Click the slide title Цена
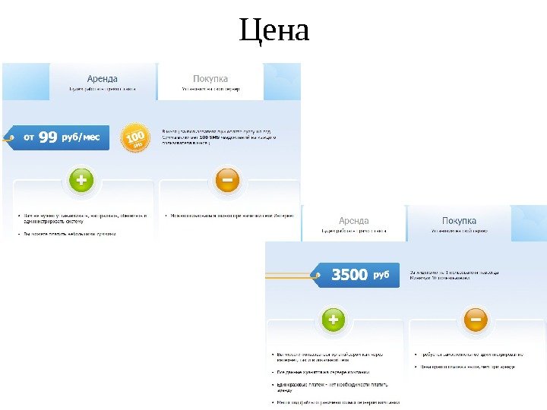pyautogui.click(x=274, y=32)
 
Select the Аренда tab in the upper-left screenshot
pyautogui.click(x=103, y=78)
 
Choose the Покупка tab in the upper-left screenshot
pyautogui.click(x=210, y=78)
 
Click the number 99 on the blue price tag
pyautogui.click(x=48, y=137)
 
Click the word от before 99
pyautogui.click(x=29, y=138)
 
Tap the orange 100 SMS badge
pyautogui.click(x=135, y=137)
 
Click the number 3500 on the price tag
pyautogui.click(x=349, y=275)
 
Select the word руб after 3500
pyautogui.click(x=381, y=275)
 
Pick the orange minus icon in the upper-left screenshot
pyautogui.click(x=226, y=181)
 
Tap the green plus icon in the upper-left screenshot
pyautogui.click(x=81, y=181)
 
